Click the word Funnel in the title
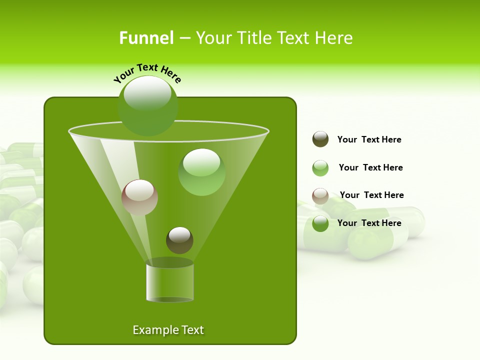[x=146, y=38]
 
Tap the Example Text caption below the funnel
[x=168, y=330]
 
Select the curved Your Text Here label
[x=147, y=73]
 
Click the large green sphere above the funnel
[x=147, y=106]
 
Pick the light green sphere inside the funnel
[x=201, y=172]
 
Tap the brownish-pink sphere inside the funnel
[x=139, y=197]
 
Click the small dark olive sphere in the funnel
[x=179, y=240]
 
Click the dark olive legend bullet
[x=320, y=139]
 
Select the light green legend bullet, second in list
[x=320, y=168]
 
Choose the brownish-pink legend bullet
[x=320, y=196]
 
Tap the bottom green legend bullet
[x=320, y=223]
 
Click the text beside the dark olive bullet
[x=369, y=139]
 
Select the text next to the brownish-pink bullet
[x=371, y=195]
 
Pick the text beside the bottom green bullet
[x=369, y=223]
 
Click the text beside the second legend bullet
[x=370, y=167]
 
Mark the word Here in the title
[x=335, y=38]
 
